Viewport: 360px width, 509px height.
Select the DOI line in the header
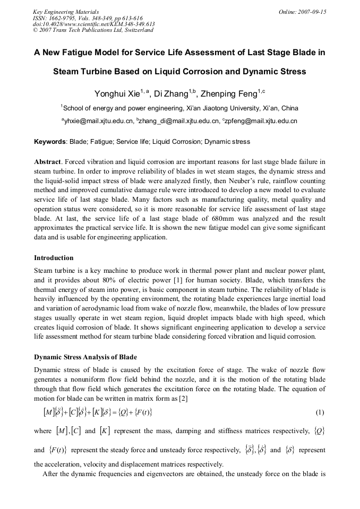tap(93, 24)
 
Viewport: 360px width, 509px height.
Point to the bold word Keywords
tap(50, 142)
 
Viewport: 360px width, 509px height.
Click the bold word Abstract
tap(48, 161)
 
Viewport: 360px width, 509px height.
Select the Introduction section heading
tap(54, 258)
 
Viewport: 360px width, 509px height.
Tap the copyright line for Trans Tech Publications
tap(93, 30)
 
